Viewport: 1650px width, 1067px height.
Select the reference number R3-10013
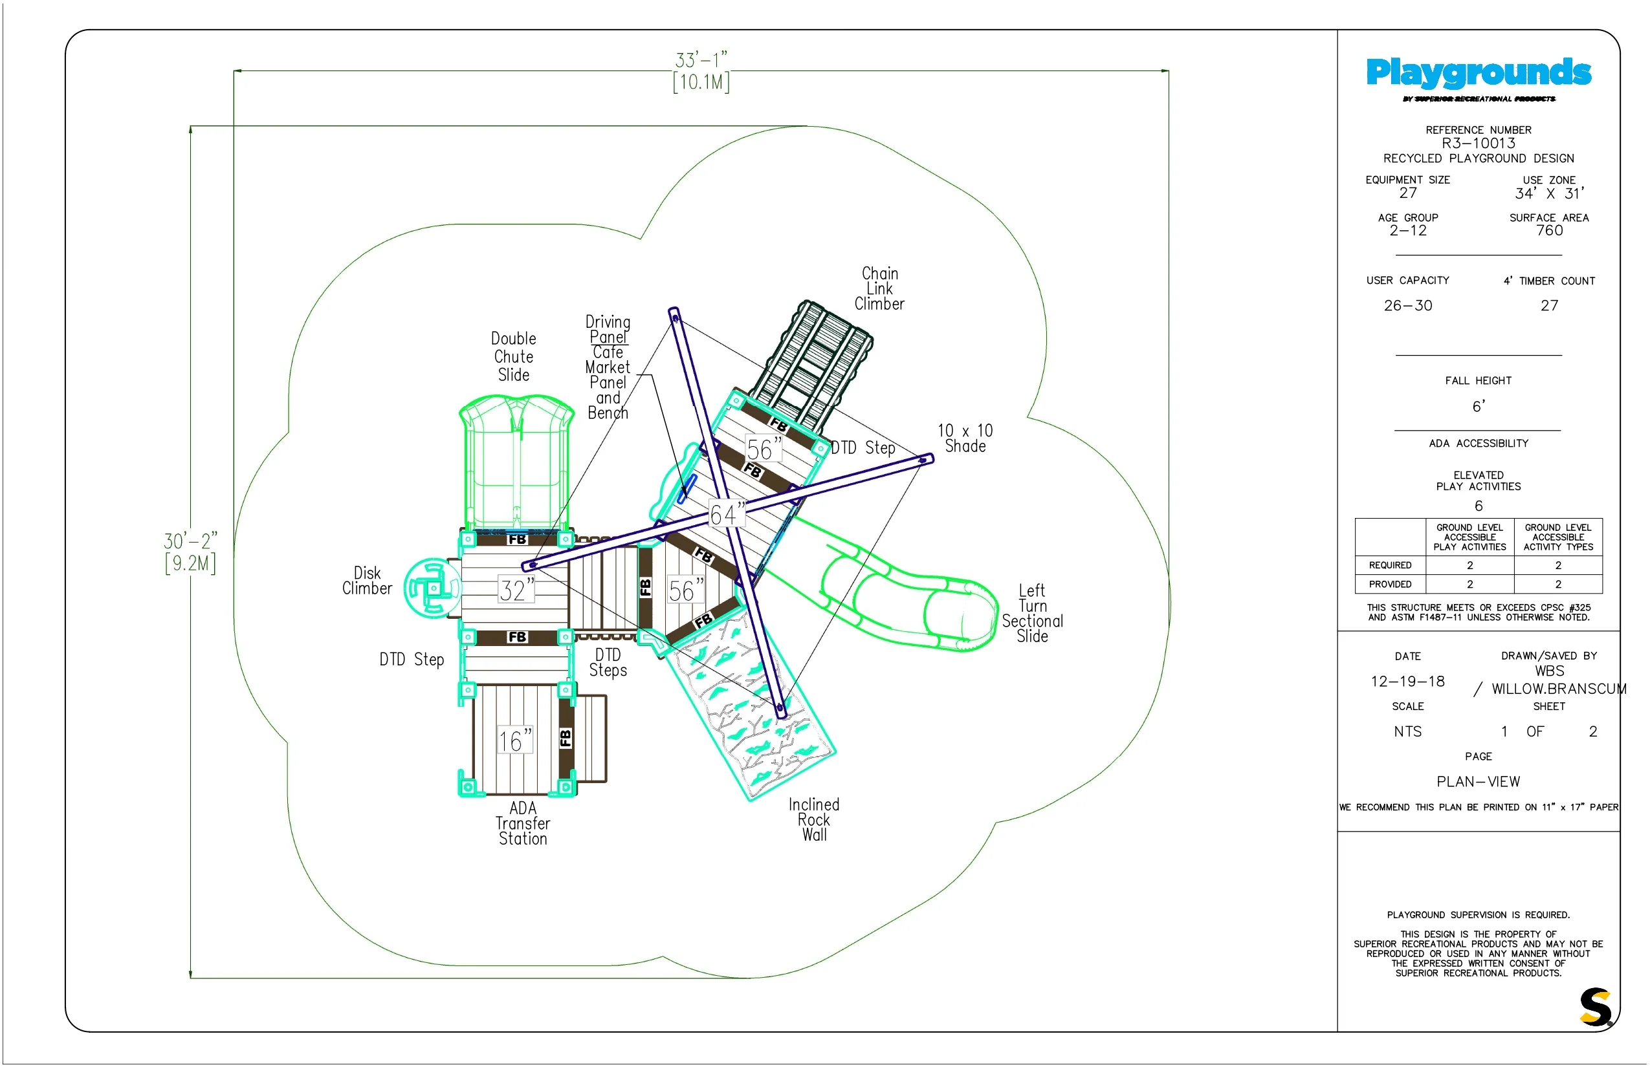[x=1478, y=144]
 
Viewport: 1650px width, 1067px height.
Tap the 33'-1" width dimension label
[x=701, y=59]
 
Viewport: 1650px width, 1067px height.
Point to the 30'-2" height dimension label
[x=190, y=541]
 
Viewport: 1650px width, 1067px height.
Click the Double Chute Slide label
[x=514, y=357]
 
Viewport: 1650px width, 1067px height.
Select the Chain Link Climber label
[x=879, y=289]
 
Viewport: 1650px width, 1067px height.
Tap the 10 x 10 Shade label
[x=965, y=438]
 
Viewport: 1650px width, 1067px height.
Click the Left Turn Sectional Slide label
[x=1032, y=613]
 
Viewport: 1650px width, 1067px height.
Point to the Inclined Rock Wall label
[x=814, y=820]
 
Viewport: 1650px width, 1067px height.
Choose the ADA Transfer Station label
[x=523, y=823]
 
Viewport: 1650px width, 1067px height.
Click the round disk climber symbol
[x=433, y=588]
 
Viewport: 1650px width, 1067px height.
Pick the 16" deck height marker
[x=515, y=740]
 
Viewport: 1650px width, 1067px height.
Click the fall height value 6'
[x=1478, y=406]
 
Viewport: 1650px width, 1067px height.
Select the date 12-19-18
[x=1407, y=682]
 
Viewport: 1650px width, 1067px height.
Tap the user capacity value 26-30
[x=1407, y=305]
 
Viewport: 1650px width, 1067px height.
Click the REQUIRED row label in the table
[x=1390, y=565]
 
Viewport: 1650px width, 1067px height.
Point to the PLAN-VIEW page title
[x=1478, y=782]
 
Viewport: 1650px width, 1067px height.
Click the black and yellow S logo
[x=1596, y=1008]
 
